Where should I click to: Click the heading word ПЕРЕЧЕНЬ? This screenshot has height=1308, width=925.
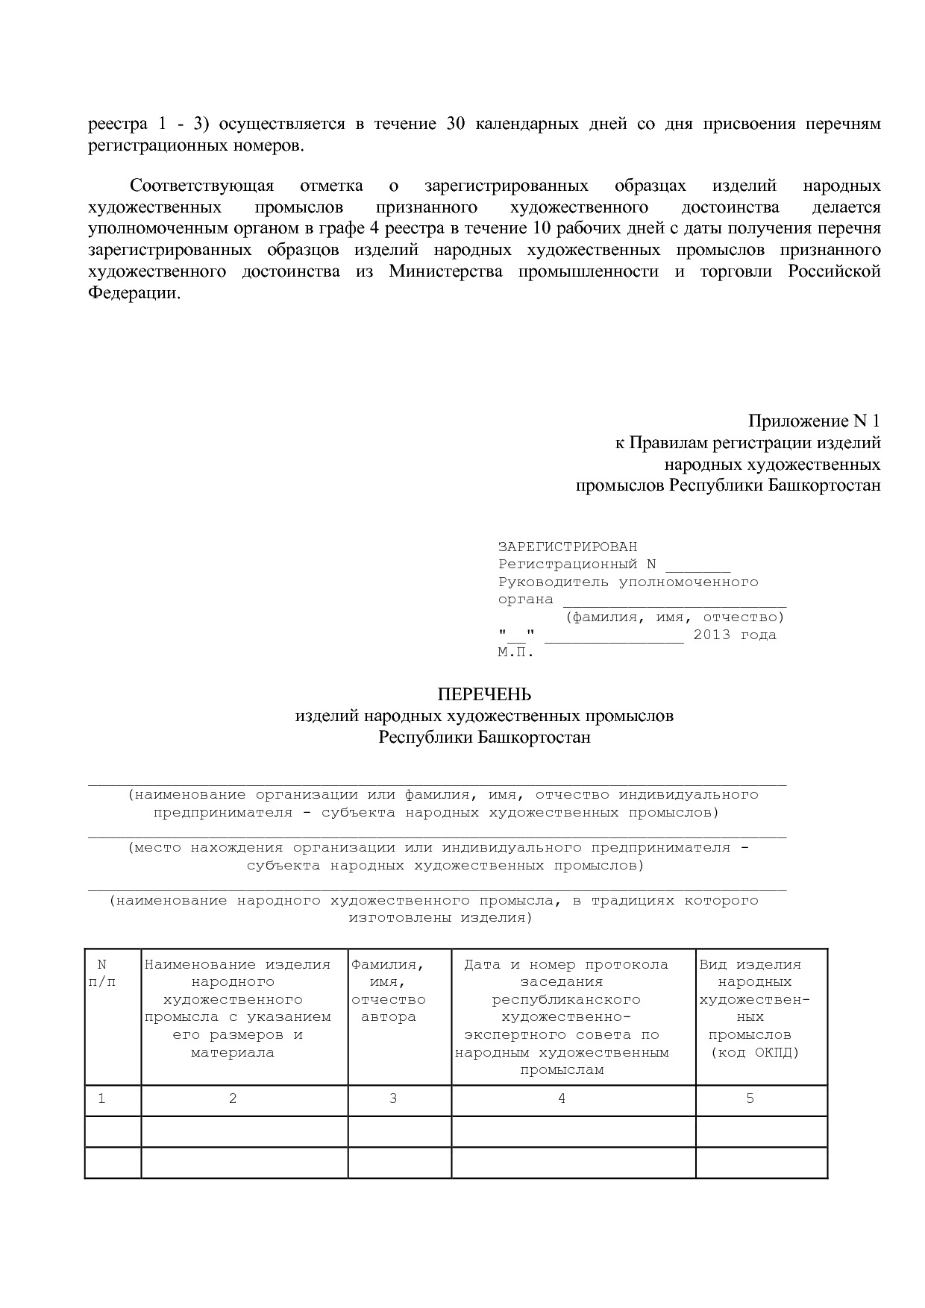tap(484, 694)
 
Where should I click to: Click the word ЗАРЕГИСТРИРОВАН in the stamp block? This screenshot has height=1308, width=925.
tap(567, 547)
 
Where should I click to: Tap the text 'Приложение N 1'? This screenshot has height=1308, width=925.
tap(814, 421)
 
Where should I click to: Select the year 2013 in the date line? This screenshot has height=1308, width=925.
tap(712, 635)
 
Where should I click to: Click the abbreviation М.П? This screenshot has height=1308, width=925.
tap(516, 652)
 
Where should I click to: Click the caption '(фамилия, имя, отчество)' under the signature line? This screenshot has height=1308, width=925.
tap(674, 617)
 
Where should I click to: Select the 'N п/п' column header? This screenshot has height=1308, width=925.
tap(102, 973)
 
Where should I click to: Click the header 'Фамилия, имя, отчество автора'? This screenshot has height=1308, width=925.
tap(389, 990)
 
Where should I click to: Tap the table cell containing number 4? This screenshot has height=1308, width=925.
tap(562, 1098)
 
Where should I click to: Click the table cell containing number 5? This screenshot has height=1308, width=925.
tap(750, 1098)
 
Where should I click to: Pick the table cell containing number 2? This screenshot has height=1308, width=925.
tap(233, 1098)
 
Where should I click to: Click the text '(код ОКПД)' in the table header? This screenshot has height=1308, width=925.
tap(754, 1052)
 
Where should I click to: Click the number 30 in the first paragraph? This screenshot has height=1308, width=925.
tap(456, 123)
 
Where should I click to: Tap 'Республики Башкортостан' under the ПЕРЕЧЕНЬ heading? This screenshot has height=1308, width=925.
tap(484, 737)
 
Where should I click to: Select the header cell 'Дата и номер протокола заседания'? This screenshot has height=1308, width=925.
tap(565, 972)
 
